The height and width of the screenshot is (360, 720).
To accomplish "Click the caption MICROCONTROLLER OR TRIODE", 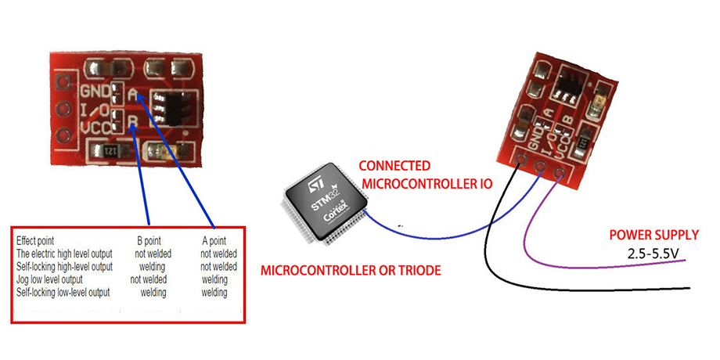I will pos(351,271).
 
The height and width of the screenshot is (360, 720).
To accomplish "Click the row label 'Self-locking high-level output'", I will pos(65,266).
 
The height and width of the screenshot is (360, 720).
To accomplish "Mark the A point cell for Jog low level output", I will pos(214,279).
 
